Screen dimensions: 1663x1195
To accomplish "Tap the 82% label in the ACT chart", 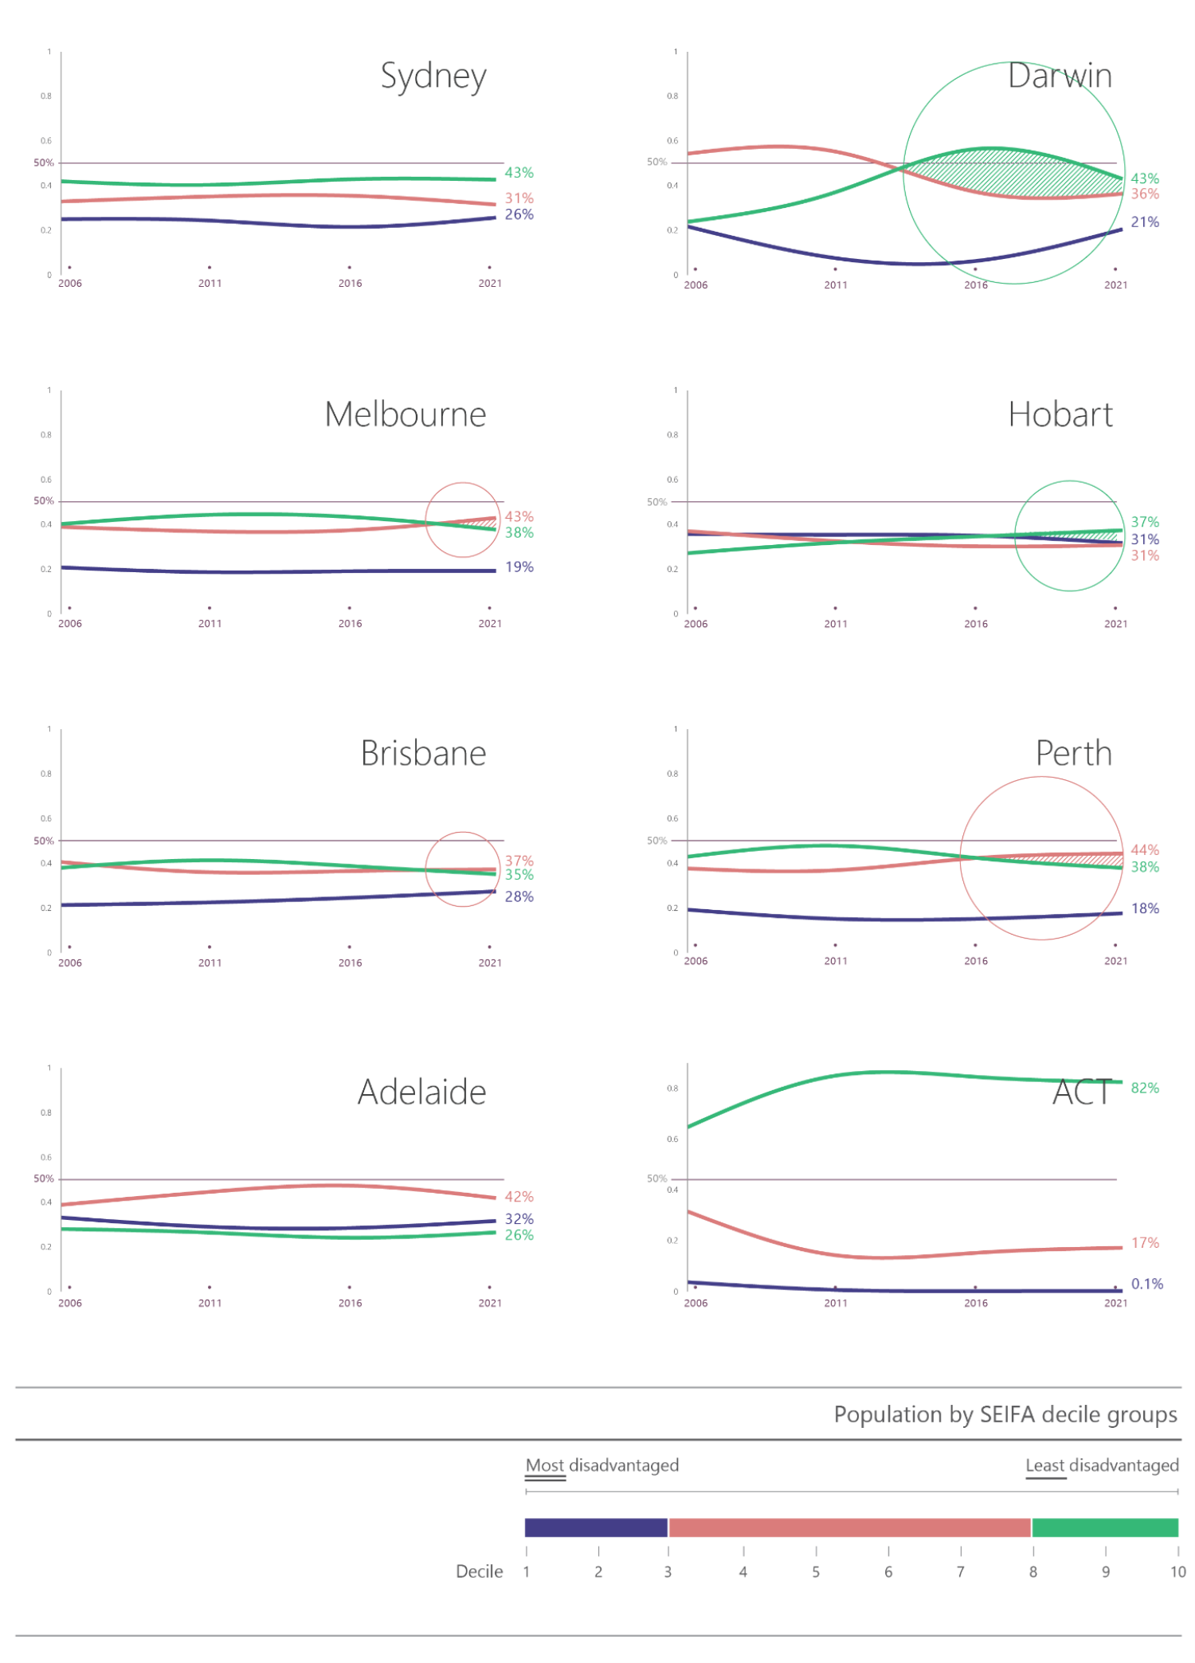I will pos(1145,1088).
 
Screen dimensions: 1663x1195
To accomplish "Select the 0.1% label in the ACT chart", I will pos(1146,1284).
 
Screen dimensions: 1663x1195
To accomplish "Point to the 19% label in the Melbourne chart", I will pos(519,567).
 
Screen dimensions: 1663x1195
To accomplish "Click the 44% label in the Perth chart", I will pos(1145,850).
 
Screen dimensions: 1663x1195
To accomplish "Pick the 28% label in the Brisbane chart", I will pos(519,897).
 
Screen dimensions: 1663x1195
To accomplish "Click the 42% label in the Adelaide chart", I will pos(519,1197).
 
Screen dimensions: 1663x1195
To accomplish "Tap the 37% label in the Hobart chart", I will pos(1145,522).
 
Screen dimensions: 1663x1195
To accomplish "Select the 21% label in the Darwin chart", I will pos(1145,222).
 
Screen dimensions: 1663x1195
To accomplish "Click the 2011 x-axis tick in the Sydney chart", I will pos(210,283).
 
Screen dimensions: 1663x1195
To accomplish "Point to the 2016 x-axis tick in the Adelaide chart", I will pos(350,1303).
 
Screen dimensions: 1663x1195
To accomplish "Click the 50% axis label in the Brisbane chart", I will pos(44,841).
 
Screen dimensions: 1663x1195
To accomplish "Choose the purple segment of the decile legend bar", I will pos(595,1528).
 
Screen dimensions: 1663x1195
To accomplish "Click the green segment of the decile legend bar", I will pos(1104,1528).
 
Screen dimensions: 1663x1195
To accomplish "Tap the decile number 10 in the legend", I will pos(1177,1572).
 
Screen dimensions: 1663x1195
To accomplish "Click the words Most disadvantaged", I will pos(602,1465).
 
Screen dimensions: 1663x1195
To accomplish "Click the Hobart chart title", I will pos(1060,415).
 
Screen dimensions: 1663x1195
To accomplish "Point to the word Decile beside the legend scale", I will pos(479,1572).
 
